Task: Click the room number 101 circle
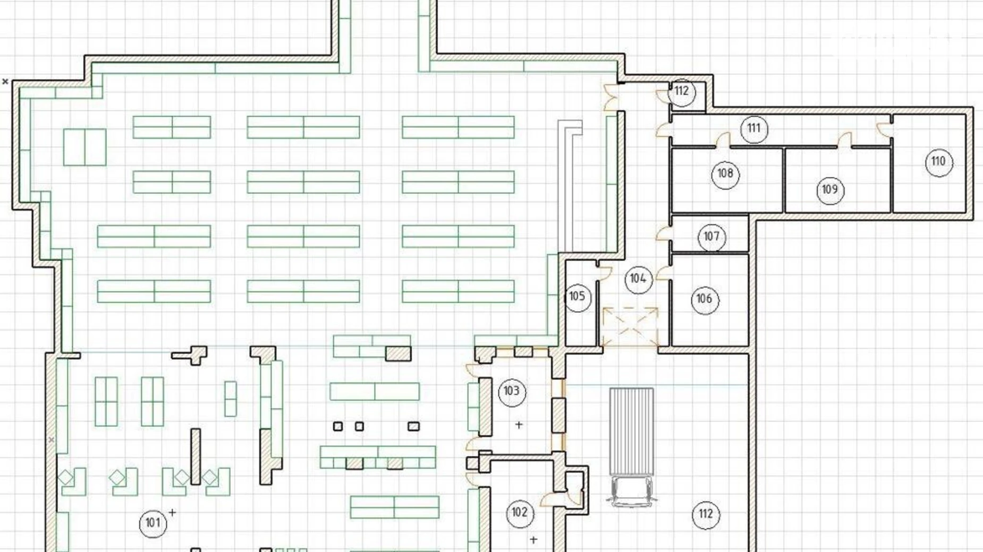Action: coord(153,523)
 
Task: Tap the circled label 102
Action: coord(520,513)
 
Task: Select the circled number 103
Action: coord(512,392)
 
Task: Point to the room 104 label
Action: coord(638,279)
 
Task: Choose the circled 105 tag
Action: coord(577,297)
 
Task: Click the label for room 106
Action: coord(705,299)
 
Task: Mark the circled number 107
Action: coord(711,237)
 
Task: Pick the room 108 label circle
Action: coord(725,174)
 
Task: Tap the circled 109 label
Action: coord(830,190)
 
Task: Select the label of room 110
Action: coord(939,162)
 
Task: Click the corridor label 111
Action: coord(753,129)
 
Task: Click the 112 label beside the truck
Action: coord(706,514)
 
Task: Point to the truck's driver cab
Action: coord(631,491)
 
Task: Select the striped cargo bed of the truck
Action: coord(631,432)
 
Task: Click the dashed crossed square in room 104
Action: coord(630,327)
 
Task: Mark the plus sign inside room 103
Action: coord(519,425)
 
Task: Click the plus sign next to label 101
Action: coord(172,512)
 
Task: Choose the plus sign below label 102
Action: coord(533,540)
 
